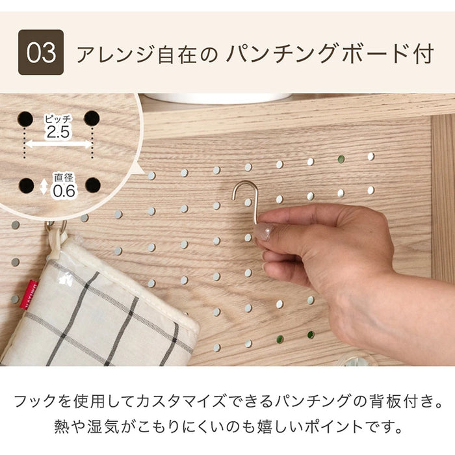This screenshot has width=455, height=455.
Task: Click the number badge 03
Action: pyautogui.click(x=40, y=52)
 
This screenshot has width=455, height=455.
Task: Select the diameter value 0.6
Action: pyautogui.click(x=64, y=191)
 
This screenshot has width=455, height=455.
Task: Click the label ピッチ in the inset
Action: pyautogui.click(x=57, y=119)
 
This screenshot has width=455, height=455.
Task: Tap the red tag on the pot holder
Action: pyautogui.click(x=29, y=294)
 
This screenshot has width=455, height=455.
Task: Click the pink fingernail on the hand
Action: pyautogui.click(x=262, y=231)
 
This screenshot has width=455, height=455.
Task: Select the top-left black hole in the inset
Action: pyautogui.click(x=24, y=118)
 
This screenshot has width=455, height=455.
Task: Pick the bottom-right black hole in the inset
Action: pyautogui.click(x=93, y=185)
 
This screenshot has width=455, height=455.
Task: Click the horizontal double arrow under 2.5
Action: pyautogui.click(x=58, y=144)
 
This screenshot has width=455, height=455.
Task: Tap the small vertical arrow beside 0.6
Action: pyautogui.click(x=44, y=187)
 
